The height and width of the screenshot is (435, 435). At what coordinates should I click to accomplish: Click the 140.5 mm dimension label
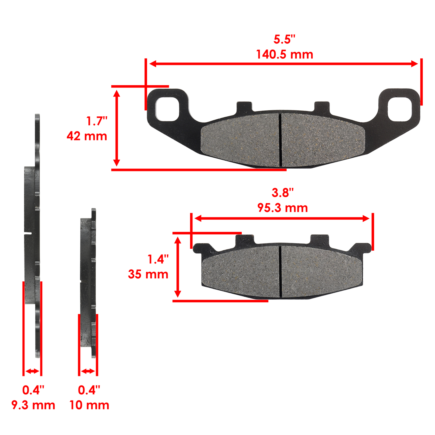coord(284,55)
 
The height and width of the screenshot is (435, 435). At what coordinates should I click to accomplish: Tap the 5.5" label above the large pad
coord(284,40)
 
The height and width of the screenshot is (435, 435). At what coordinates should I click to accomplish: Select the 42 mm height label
coord(87,136)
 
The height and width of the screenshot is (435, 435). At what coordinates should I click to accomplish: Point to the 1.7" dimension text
coord(97,121)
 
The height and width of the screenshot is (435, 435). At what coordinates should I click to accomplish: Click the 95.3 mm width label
coord(282,208)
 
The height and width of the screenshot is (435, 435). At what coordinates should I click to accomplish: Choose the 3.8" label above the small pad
coord(282,193)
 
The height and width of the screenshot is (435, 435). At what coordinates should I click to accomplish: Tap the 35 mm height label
coord(148,274)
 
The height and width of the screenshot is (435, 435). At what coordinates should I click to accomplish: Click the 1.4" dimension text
coord(158,259)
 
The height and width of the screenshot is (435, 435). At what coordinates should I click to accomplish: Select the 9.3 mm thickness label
coord(33,405)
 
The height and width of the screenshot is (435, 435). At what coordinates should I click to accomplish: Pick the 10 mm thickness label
coord(89,405)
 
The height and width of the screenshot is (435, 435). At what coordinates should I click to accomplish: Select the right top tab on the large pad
coord(322,106)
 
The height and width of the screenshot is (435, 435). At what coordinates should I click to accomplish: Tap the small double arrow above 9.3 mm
coord(32,371)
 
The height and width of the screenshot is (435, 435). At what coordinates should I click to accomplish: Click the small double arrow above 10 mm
coord(88,371)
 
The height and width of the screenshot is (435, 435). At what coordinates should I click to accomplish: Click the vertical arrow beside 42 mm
coord(117,128)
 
